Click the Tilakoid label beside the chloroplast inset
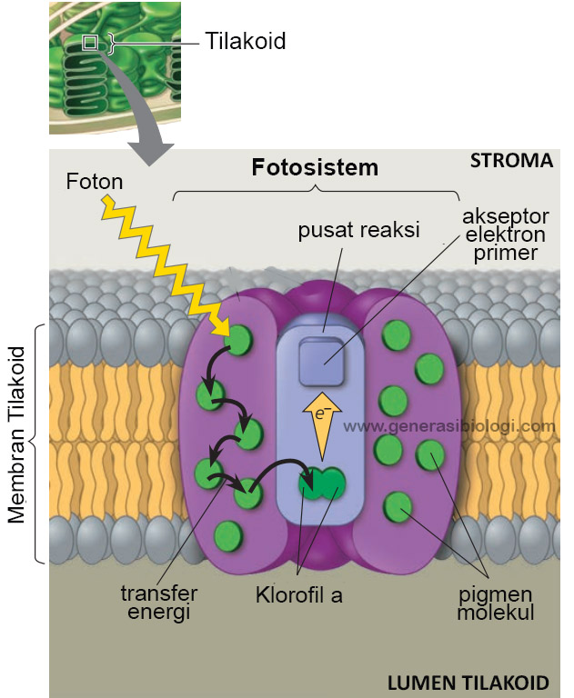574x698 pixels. [x=245, y=41]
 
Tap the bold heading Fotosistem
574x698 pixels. [x=315, y=167]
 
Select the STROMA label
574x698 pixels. [x=511, y=161]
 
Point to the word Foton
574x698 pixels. [x=95, y=182]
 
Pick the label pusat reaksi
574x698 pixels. [x=358, y=230]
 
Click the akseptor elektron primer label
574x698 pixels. [x=506, y=234]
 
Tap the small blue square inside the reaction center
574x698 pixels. [x=321, y=362]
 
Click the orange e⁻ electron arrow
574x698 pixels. [x=322, y=425]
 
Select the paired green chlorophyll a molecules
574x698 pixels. [x=322, y=484]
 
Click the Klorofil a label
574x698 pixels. [x=299, y=595]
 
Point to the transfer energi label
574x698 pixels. [x=159, y=603]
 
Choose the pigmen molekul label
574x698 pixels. [x=495, y=603]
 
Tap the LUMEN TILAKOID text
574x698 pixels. [x=468, y=683]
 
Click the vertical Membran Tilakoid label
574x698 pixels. [x=17, y=434]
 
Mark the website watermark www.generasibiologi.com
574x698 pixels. [x=449, y=426]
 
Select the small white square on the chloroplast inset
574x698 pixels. [x=90, y=43]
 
